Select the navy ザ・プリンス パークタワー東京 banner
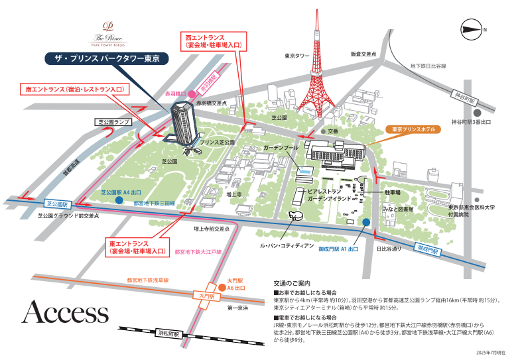(106, 59)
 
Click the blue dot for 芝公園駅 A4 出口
(118, 200)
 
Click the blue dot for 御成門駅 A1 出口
(365, 221)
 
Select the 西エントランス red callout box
(213, 41)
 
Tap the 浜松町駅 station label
(170, 334)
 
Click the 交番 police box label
(332, 131)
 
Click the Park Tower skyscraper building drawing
(180, 127)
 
